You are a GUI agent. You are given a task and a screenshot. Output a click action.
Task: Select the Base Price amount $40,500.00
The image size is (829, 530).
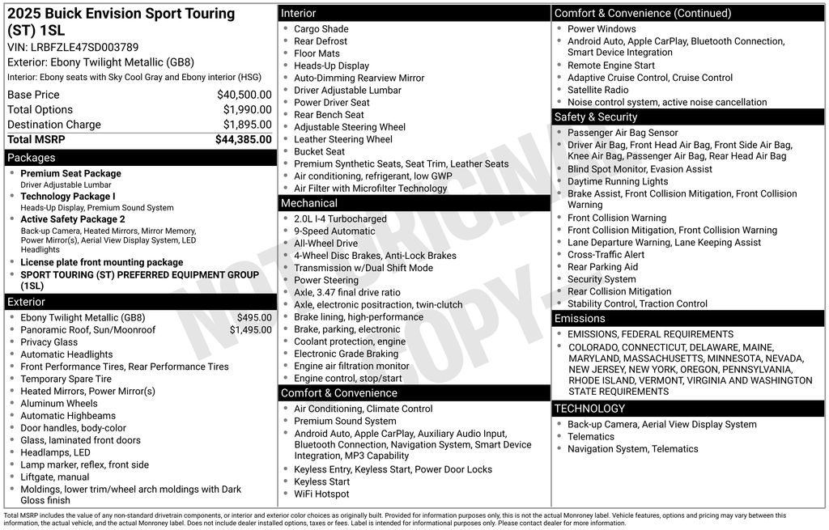click(244, 95)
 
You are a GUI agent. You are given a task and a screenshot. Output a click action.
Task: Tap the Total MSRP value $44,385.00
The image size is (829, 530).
click(243, 139)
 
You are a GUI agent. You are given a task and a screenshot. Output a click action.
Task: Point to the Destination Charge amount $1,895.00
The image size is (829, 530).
click(247, 125)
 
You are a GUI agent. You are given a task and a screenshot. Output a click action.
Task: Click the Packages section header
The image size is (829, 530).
click(32, 158)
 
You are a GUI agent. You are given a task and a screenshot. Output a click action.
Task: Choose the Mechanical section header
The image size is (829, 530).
click(309, 203)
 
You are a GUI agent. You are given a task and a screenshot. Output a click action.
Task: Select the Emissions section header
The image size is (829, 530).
click(580, 319)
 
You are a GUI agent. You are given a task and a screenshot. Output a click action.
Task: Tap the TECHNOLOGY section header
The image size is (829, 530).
click(589, 409)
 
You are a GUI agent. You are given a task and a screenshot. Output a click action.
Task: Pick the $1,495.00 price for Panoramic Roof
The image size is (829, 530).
click(250, 330)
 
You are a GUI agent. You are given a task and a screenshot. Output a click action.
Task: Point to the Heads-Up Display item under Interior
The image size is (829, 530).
click(331, 66)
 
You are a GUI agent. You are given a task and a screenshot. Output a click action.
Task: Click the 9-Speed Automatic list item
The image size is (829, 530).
click(334, 231)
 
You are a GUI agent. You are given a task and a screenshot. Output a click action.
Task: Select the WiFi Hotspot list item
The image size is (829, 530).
click(321, 494)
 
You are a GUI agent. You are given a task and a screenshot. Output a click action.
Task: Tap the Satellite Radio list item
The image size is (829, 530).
click(597, 90)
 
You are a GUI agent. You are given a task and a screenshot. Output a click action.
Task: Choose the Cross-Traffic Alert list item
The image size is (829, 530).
click(606, 255)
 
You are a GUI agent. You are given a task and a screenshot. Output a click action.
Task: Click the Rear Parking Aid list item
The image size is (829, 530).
click(602, 267)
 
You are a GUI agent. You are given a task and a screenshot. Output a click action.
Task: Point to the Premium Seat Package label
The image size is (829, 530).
click(70, 174)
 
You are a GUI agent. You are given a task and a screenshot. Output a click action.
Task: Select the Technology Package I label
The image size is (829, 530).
click(68, 197)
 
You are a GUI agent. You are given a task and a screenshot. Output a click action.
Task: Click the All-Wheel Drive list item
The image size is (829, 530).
click(325, 244)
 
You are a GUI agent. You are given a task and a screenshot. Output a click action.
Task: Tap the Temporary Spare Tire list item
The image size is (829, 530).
click(66, 379)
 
